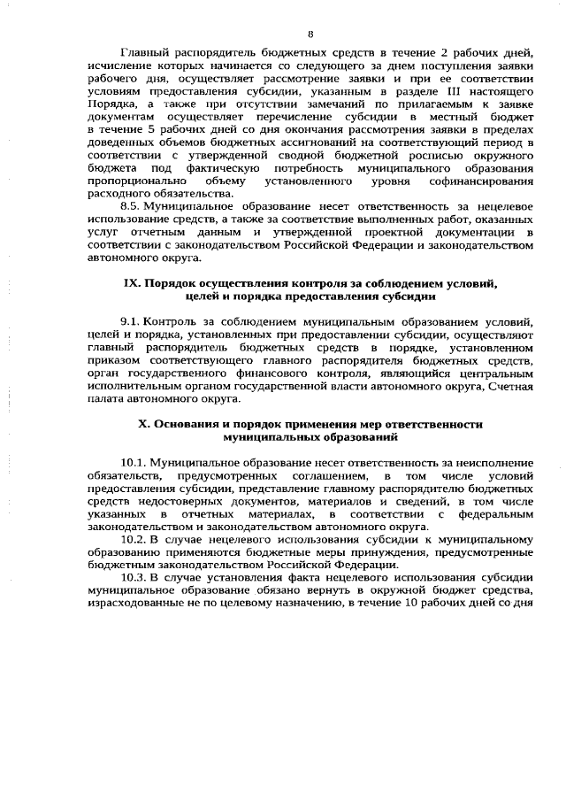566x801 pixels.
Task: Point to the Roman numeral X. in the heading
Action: pos(145,424)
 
